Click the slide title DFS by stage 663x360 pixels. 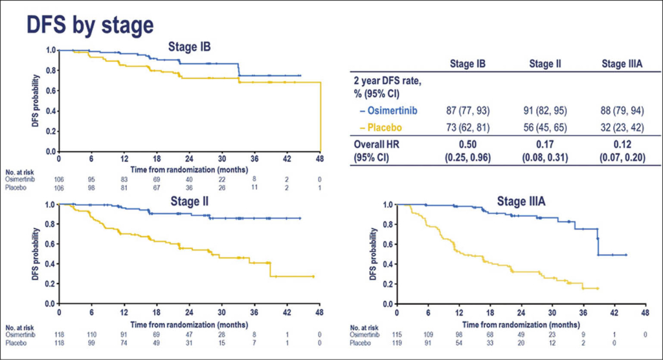pyautogui.click(x=89, y=24)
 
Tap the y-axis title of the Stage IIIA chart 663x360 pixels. pyautogui.click(x=374, y=254)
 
